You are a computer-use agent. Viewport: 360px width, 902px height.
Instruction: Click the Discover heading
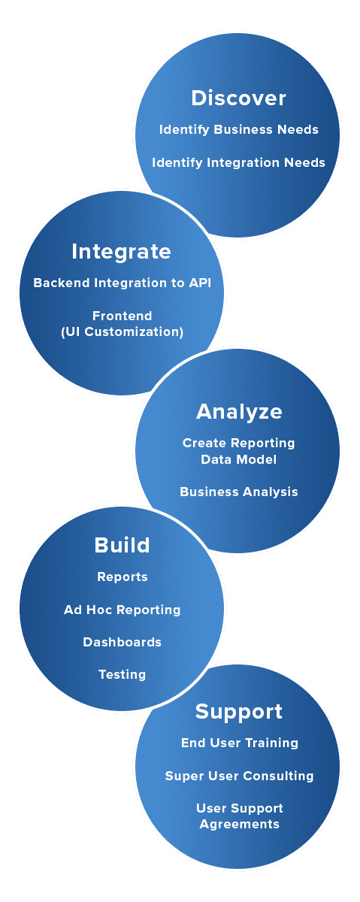coord(238,98)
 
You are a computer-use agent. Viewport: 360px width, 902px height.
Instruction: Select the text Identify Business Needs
coord(239,129)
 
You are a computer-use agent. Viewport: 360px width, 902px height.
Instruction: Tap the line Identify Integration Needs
coord(238,162)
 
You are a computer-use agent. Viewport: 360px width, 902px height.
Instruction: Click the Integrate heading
coord(121,252)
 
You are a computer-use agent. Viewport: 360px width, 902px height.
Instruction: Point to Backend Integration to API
coord(122,283)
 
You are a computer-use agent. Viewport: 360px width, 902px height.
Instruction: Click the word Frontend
coord(122,316)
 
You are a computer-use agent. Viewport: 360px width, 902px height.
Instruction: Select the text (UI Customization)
coord(122,331)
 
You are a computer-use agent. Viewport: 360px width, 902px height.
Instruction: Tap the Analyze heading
coord(239,412)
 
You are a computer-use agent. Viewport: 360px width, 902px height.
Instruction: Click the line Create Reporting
coord(239,443)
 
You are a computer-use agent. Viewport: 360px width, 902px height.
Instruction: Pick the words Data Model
coord(239,459)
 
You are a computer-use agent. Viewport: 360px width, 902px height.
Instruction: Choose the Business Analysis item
coord(239,492)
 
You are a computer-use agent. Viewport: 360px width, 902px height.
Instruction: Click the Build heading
coord(122,545)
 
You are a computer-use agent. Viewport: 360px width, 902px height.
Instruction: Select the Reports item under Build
coord(123,577)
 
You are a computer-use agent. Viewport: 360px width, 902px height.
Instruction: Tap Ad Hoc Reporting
coord(122,610)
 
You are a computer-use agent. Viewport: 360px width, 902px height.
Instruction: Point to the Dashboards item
coord(122,642)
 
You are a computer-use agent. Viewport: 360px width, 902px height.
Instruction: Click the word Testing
coord(122,674)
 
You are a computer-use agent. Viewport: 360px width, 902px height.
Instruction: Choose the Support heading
coord(239,712)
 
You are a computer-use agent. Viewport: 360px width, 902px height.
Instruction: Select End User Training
coord(240,743)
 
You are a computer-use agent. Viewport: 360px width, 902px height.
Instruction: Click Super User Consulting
coord(239,776)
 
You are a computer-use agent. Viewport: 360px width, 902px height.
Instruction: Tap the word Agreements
coord(240,825)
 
